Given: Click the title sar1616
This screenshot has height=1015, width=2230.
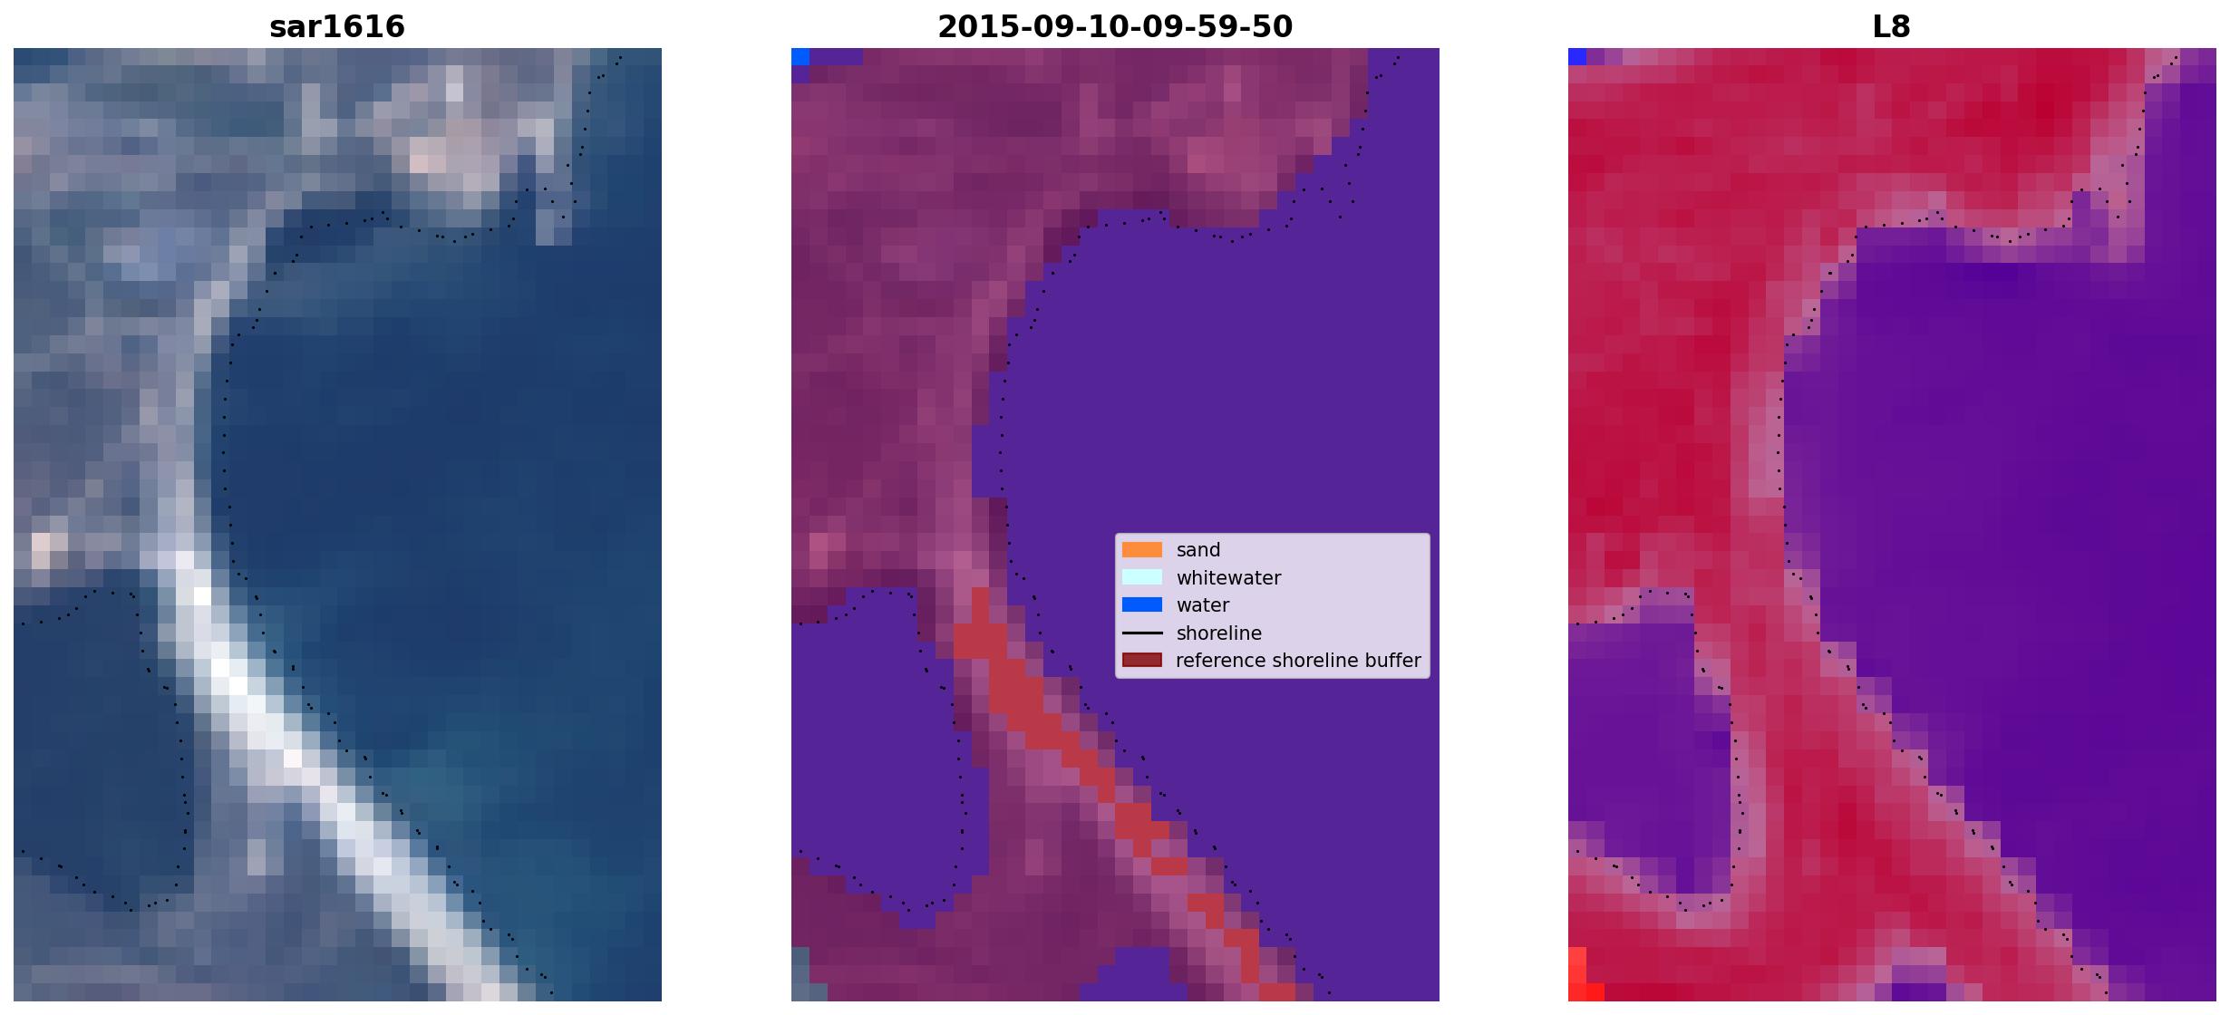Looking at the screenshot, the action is click(x=337, y=26).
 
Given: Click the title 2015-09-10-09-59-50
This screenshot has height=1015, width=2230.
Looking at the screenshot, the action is click(x=1115, y=26).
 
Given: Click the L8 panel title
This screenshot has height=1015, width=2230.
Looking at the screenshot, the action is click(x=1892, y=26).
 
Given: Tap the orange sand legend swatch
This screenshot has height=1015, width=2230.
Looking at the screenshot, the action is click(x=1142, y=550).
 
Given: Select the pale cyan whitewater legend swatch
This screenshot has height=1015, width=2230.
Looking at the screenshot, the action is click(x=1142, y=577).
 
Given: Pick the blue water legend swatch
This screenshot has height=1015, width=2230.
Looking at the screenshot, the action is click(x=1142, y=604).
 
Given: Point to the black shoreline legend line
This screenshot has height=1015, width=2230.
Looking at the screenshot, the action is click(x=1142, y=633).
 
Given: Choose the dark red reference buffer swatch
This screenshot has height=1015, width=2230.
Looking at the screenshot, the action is click(x=1142, y=660).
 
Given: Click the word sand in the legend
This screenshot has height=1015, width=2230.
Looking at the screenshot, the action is click(x=1198, y=550).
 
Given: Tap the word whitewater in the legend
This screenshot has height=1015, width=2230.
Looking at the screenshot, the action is click(x=1228, y=578).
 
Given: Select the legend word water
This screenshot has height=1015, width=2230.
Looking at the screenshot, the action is click(x=1203, y=605).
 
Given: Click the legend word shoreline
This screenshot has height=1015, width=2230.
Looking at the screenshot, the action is click(x=1219, y=633).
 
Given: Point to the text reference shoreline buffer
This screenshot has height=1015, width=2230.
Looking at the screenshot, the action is click(x=1298, y=661).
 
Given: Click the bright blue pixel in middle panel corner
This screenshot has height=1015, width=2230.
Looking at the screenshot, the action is click(x=800, y=57).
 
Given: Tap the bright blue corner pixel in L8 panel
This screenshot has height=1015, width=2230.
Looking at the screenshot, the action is click(x=1577, y=57).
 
